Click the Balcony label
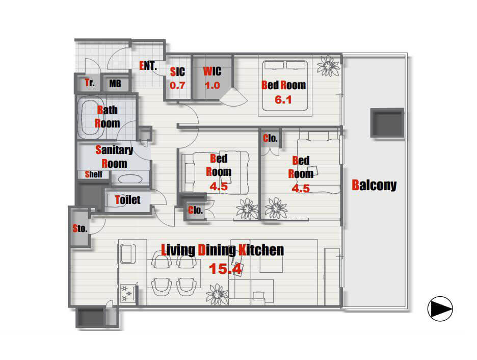point(374,185)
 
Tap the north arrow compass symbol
point(440,308)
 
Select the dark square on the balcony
point(387,123)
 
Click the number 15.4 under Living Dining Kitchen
point(225,268)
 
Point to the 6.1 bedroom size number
point(283,99)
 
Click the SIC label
point(177,72)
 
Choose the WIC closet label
point(212,71)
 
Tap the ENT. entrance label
point(148,65)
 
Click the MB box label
point(115,84)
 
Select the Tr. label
point(90,83)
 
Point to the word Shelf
point(93,174)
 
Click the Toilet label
point(127,199)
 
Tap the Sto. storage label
point(80,228)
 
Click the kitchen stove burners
point(126,293)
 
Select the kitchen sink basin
point(128,253)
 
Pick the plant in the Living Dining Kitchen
point(217,294)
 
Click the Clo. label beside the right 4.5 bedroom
point(270,138)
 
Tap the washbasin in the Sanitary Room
point(130,178)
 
